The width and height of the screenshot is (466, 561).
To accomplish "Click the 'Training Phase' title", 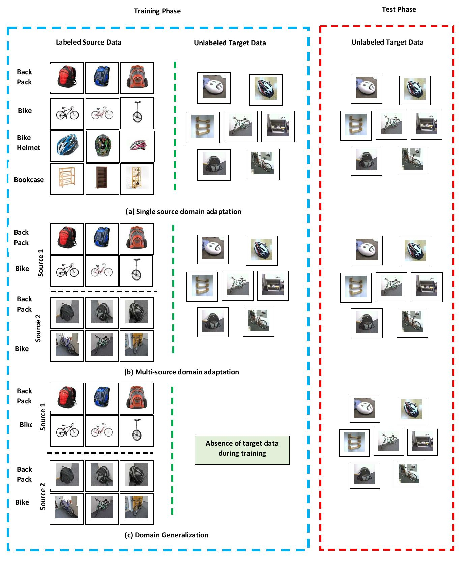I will (157, 11).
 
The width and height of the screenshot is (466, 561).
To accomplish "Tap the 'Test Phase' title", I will (399, 9).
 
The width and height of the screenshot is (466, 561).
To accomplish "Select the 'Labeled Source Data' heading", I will (88, 42).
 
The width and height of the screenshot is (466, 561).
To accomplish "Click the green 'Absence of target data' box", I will (242, 450).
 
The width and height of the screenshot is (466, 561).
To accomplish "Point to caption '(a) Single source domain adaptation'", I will (183, 212).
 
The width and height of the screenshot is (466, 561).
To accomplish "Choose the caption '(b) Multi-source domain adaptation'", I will (181, 372).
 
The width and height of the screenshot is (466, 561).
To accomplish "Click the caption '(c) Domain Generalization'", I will (166, 535).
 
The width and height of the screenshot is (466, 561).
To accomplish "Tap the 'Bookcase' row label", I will (29, 180).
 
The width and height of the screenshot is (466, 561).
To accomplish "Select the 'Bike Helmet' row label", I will (28, 143).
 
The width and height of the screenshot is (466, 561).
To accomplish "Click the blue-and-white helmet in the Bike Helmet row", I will (67, 146).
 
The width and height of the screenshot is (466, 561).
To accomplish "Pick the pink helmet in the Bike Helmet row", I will (138, 146).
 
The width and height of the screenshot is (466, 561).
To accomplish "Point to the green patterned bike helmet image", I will (103, 146).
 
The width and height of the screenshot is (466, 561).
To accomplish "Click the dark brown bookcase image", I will (102, 179).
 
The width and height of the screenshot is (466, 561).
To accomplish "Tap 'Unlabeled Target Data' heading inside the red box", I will (387, 42).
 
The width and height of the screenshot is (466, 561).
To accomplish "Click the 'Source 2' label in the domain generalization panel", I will (42, 496).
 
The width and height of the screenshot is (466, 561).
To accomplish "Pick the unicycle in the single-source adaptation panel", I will (137, 114).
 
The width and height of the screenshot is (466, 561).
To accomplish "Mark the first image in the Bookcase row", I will (67, 179).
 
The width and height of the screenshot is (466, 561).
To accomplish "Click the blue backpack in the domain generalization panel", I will (102, 398).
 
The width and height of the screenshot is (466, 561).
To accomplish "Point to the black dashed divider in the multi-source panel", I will (104, 292).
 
